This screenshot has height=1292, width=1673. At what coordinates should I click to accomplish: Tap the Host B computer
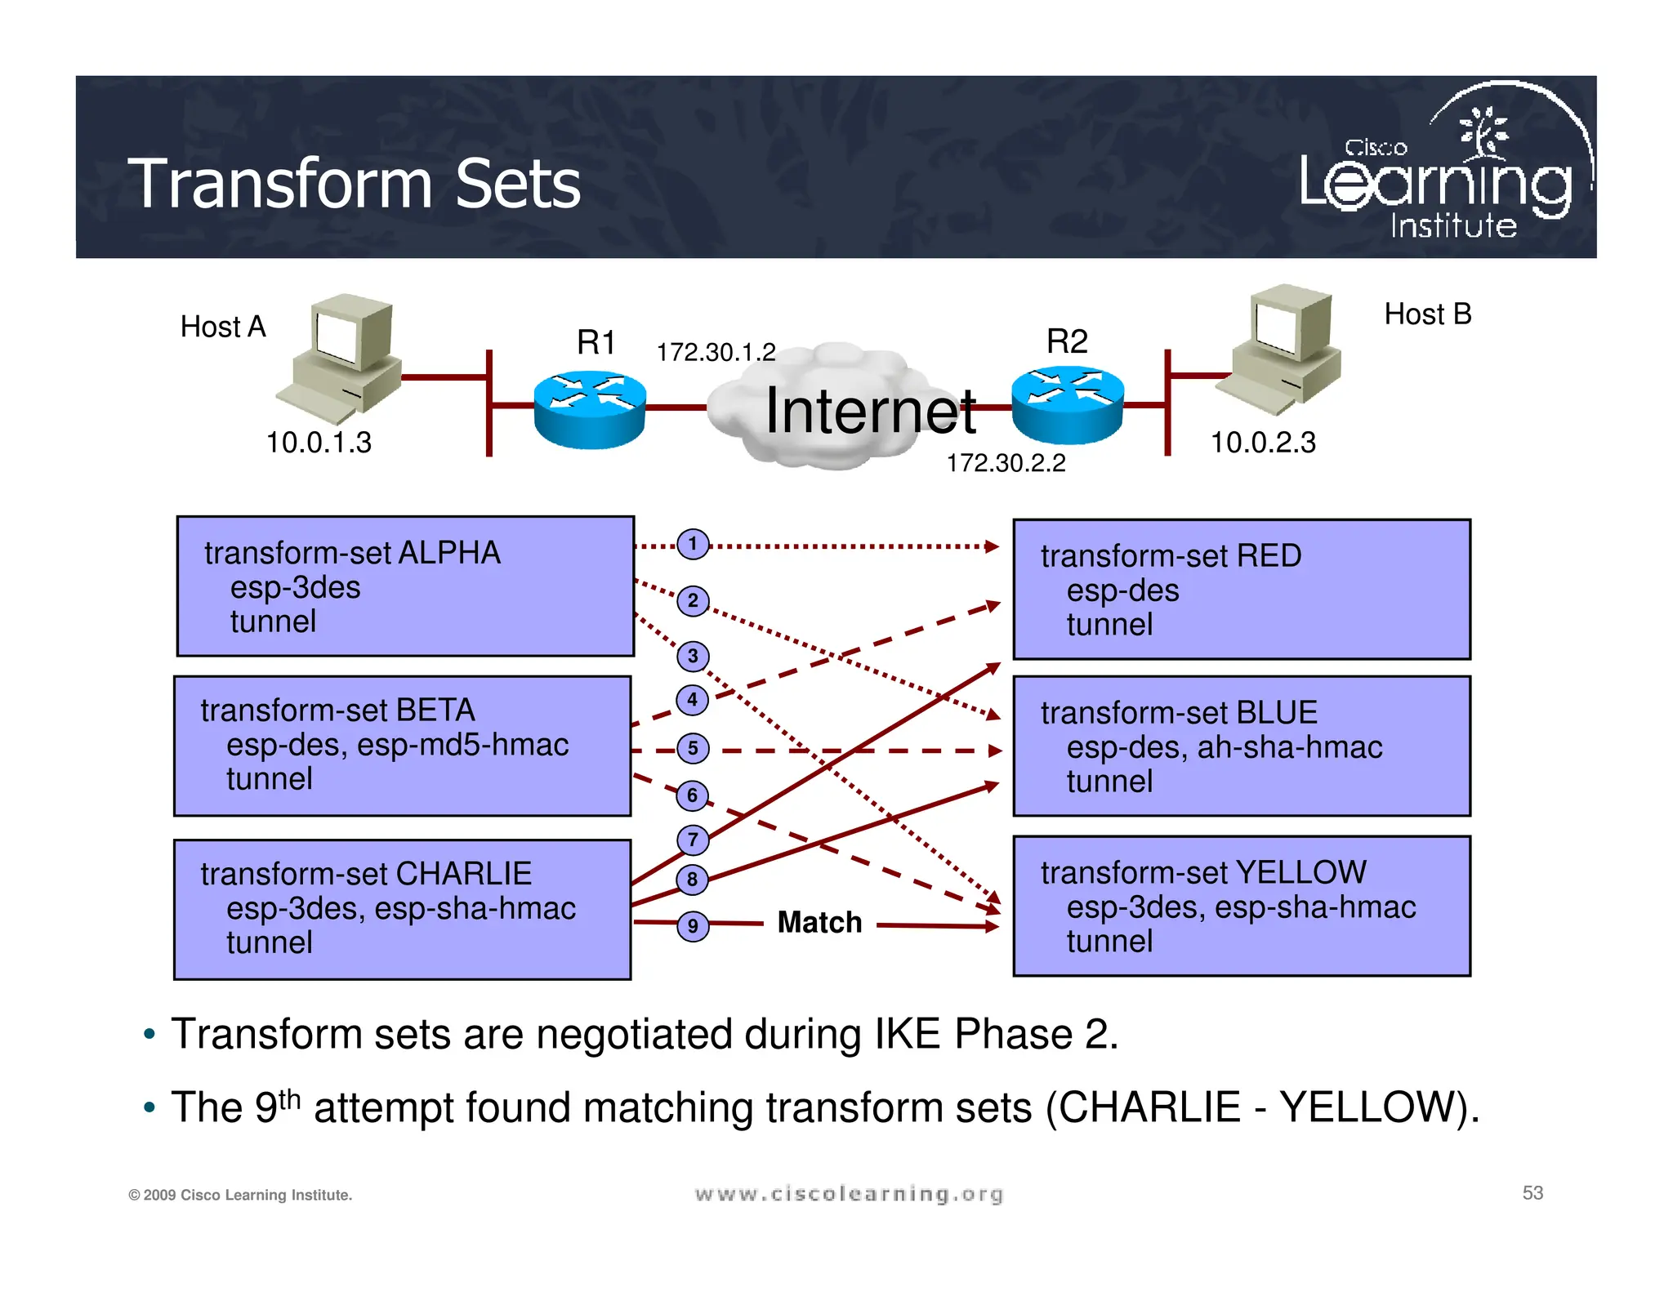1281,347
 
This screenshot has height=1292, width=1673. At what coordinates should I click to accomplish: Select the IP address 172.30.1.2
716,352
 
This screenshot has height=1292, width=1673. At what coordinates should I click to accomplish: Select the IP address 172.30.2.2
1006,463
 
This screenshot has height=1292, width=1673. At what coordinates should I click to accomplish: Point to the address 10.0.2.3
1262,443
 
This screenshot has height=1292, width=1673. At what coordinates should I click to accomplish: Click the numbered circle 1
693,544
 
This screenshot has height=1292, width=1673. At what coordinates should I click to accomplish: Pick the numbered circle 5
693,748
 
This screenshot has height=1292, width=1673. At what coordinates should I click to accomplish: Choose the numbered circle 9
693,926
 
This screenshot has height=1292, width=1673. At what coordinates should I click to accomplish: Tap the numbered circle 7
693,840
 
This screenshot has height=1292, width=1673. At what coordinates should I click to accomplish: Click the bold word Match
819,922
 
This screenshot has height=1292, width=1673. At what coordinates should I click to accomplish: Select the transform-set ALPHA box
405,586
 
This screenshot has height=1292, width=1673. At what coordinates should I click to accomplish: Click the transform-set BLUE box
1241,746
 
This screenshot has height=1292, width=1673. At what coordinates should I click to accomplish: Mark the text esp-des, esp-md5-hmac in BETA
397,745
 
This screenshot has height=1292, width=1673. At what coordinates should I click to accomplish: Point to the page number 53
1532,1193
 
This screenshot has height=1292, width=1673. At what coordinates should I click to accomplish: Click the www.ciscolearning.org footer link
848,1195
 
